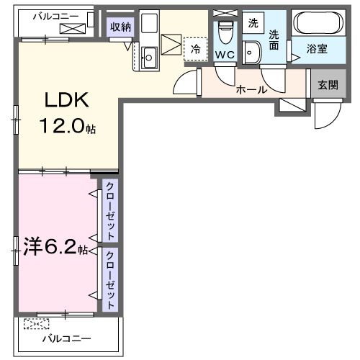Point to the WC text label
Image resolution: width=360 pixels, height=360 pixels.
[x=225, y=55]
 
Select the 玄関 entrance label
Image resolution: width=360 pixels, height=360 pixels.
[x=328, y=84]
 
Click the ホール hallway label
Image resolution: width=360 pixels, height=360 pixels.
[x=252, y=90]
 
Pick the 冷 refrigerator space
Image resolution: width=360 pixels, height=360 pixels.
[x=195, y=49]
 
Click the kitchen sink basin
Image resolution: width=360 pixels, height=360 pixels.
[x=150, y=57]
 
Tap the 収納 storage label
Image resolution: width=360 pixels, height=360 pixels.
[x=120, y=27]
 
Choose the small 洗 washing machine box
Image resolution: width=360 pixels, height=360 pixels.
[x=253, y=22]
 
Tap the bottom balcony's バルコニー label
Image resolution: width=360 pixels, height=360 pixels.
[x=66, y=338]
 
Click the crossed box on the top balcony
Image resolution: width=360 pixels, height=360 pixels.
[x=73, y=28]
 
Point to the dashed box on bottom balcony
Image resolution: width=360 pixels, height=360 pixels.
[x=33, y=323]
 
